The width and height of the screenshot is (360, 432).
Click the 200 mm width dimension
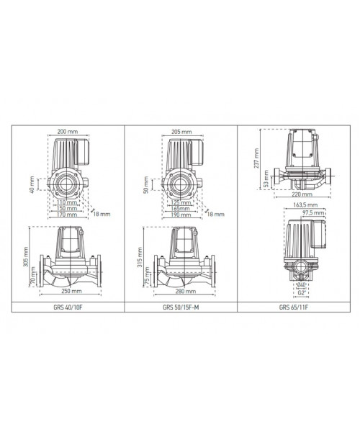tap(68, 132)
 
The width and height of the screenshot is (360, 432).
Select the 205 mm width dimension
tap(181, 132)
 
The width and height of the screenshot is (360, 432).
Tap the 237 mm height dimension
tap(257, 158)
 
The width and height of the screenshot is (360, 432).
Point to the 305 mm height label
tap(26, 256)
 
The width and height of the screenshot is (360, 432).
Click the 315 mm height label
tap(140, 257)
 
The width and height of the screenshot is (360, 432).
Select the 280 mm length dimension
tap(186, 291)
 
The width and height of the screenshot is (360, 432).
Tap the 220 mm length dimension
tap(302, 194)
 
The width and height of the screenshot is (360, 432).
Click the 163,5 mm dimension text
tap(305, 204)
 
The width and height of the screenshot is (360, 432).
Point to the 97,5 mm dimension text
tap(313, 213)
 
